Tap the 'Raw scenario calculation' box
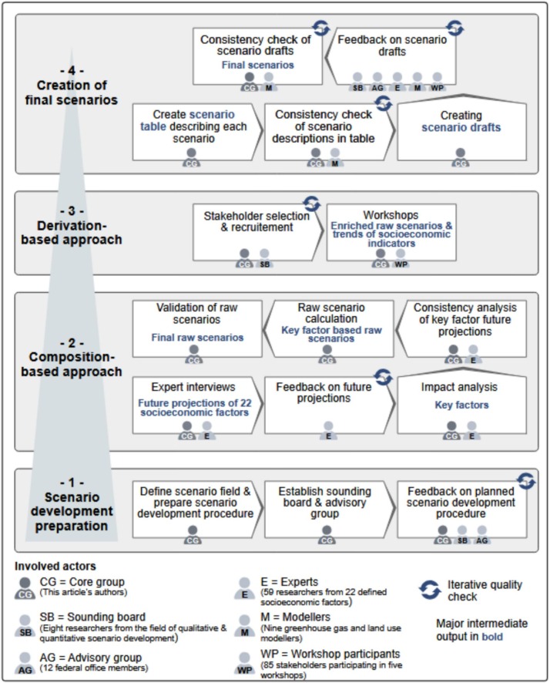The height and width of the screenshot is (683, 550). [327, 328]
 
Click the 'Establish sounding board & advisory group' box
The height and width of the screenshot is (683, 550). [327, 509]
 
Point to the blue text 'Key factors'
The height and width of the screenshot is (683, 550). [461, 405]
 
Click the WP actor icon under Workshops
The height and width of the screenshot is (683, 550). [401, 261]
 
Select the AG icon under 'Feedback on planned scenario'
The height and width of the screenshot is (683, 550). [481, 533]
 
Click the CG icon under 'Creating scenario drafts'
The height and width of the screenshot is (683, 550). [460, 158]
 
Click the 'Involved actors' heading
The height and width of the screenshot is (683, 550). [48, 567]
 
